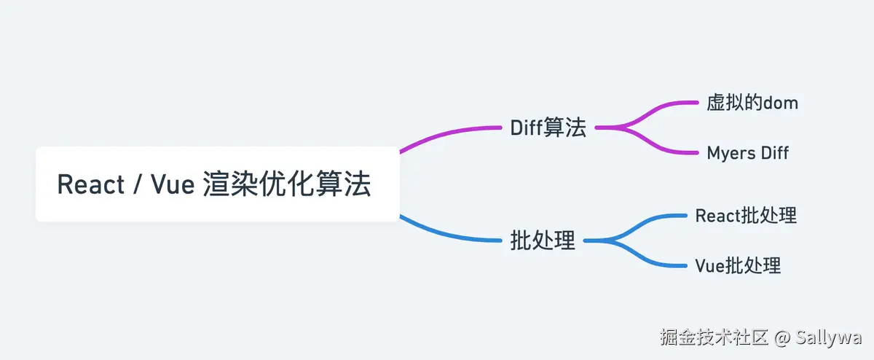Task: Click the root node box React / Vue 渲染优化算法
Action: pyautogui.click(x=217, y=184)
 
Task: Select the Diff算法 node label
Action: pyautogui.click(x=548, y=128)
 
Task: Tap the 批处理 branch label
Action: pyautogui.click(x=543, y=240)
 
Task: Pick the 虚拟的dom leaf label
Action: pyautogui.click(x=752, y=103)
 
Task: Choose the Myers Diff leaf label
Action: pyautogui.click(x=748, y=153)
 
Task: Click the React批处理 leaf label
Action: pyautogui.click(x=746, y=216)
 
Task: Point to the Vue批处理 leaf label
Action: pyautogui.click(x=738, y=265)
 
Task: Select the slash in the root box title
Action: pyautogui.click(x=137, y=185)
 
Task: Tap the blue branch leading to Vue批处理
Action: pyautogui.click(x=645, y=259)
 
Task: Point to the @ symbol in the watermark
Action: pyautogui.click(x=782, y=337)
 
